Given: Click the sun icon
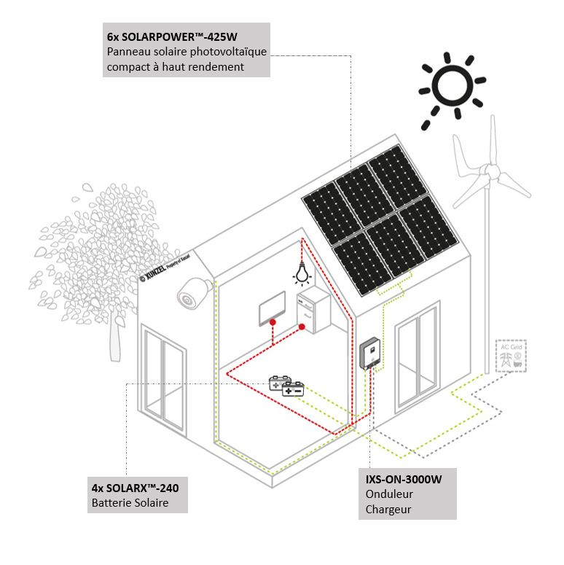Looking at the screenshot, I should click(x=452, y=86).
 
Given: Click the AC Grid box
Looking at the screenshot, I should click(x=510, y=356).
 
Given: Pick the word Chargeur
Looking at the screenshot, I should click(x=389, y=509).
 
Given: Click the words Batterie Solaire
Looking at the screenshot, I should click(x=130, y=503).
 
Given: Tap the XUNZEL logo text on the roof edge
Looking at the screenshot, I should click(x=165, y=265).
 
